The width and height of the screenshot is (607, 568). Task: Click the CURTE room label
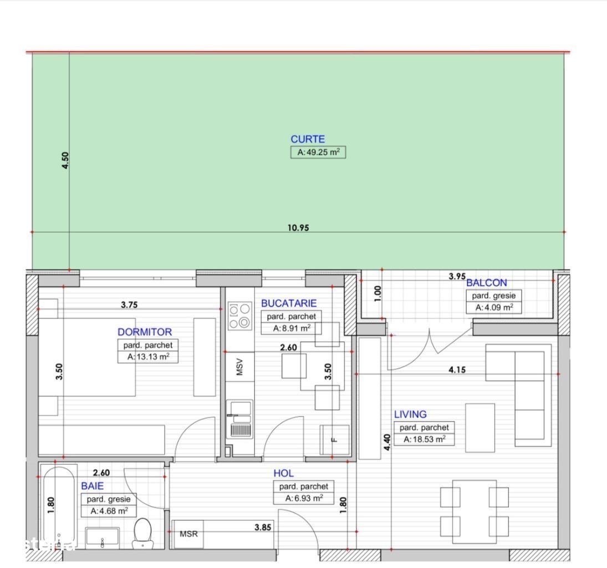[308, 139]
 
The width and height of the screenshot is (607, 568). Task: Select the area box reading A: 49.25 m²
[318, 153]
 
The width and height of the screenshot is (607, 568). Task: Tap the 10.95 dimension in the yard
[298, 227]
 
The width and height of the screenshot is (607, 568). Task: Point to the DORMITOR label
[145, 332]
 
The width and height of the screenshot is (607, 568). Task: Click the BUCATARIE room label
[289, 303]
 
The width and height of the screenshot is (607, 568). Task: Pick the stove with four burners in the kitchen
[240, 316]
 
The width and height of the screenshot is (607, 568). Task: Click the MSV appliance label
[239, 367]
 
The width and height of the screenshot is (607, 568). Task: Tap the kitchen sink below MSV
[240, 419]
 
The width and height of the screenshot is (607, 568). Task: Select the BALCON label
[487, 283]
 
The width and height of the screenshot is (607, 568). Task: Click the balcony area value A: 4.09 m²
[494, 308]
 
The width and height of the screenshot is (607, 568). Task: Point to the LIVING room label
[410, 414]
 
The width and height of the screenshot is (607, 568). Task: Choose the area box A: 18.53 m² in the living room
[424, 439]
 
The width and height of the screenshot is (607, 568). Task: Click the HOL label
[284, 474]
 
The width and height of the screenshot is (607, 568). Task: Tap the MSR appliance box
[188, 534]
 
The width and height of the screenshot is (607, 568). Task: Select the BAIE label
[92, 486]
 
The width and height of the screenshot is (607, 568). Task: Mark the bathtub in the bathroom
[58, 508]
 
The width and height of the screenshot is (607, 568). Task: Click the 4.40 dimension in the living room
[387, 442]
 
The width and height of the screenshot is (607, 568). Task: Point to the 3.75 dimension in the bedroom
[129, 305]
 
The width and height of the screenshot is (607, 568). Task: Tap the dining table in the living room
[474, 512]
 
